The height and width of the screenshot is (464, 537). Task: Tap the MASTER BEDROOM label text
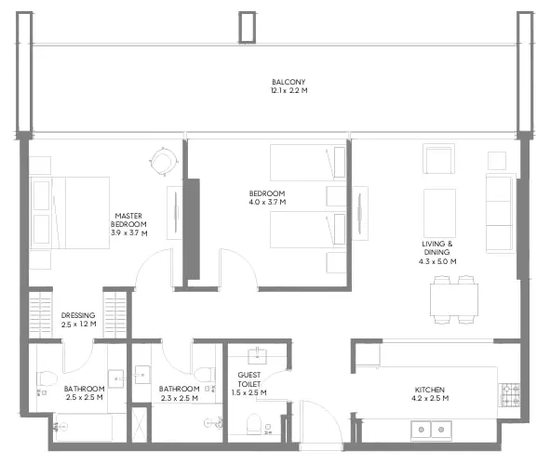[127, 219]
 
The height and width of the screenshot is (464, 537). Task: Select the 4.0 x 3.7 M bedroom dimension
[267, 202]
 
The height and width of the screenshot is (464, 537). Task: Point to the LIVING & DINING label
[436, 248]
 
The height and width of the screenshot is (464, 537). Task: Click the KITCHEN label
[430, 389]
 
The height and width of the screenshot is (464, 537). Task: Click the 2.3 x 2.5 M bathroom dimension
[180, 398]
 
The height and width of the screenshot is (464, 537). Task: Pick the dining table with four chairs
[454, 300]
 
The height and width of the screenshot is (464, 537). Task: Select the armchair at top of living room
[438, 159]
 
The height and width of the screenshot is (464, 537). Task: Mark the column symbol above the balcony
[247, 27]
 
